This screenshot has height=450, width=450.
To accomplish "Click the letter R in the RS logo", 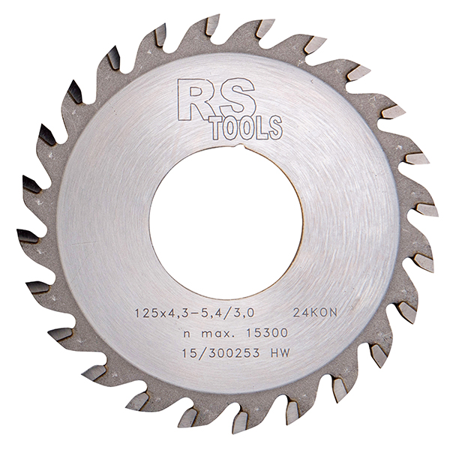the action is (194, 100).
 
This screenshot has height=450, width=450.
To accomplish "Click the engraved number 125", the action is (147, 313).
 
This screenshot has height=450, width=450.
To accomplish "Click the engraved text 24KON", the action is (314, 313).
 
